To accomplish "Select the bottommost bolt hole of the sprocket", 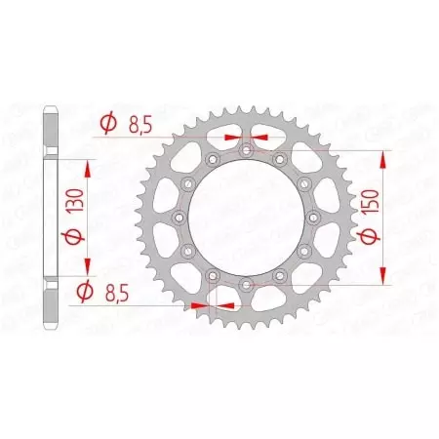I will pyautogui.click(x=246, y=284).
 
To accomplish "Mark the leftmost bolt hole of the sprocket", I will pyautogui.click(x=180, y=218).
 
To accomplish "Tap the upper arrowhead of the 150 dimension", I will pyautogui.click(x=388, y=157).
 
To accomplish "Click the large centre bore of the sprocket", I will pyautogui.click(x=246, y=218).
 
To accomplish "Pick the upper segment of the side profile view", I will pyautogui.click(x=49, y=146).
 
